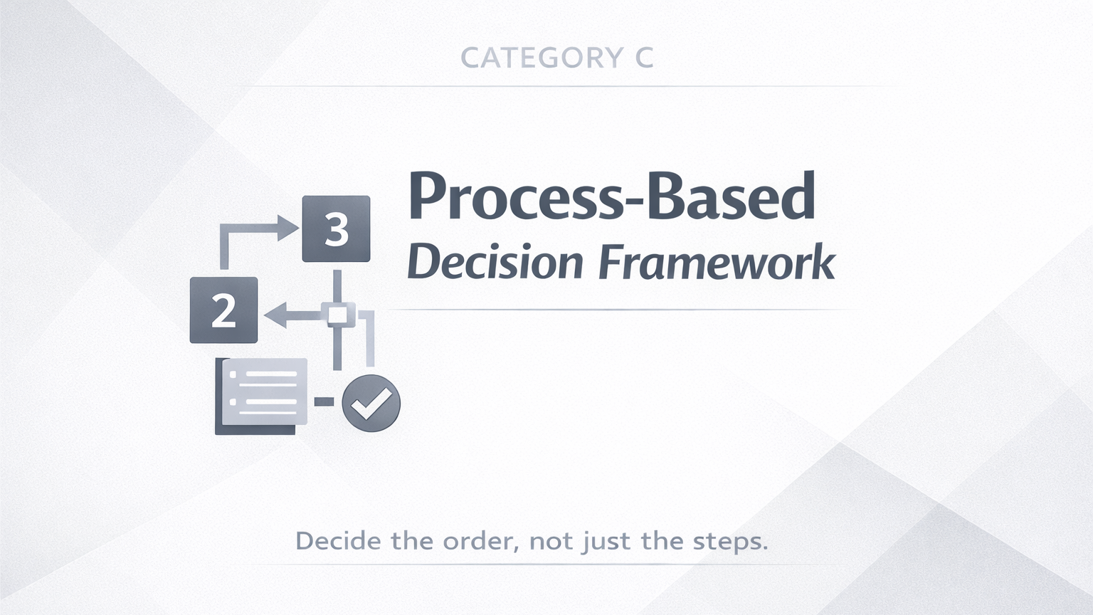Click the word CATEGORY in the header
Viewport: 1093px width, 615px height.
coord(542,58)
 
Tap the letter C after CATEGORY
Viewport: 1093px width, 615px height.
coord(643,58)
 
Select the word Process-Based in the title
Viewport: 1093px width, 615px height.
coord(611,196)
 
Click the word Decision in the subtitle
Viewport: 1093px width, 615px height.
coord(495,263)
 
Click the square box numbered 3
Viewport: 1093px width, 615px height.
coord(336,228)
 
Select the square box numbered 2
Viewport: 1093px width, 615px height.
coord(223,310)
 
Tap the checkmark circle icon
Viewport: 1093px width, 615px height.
coord(371,403)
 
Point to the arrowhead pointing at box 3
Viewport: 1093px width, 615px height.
coord(288,228)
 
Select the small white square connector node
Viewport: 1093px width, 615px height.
coord(337,315)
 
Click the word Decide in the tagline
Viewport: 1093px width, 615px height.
coord(338,541)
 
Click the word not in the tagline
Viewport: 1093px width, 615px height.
coord(551,541)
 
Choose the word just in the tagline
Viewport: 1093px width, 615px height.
coord(606,542)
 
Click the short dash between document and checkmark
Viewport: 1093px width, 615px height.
coord(324,402)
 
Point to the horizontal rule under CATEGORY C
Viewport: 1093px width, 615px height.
coord(576,86)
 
